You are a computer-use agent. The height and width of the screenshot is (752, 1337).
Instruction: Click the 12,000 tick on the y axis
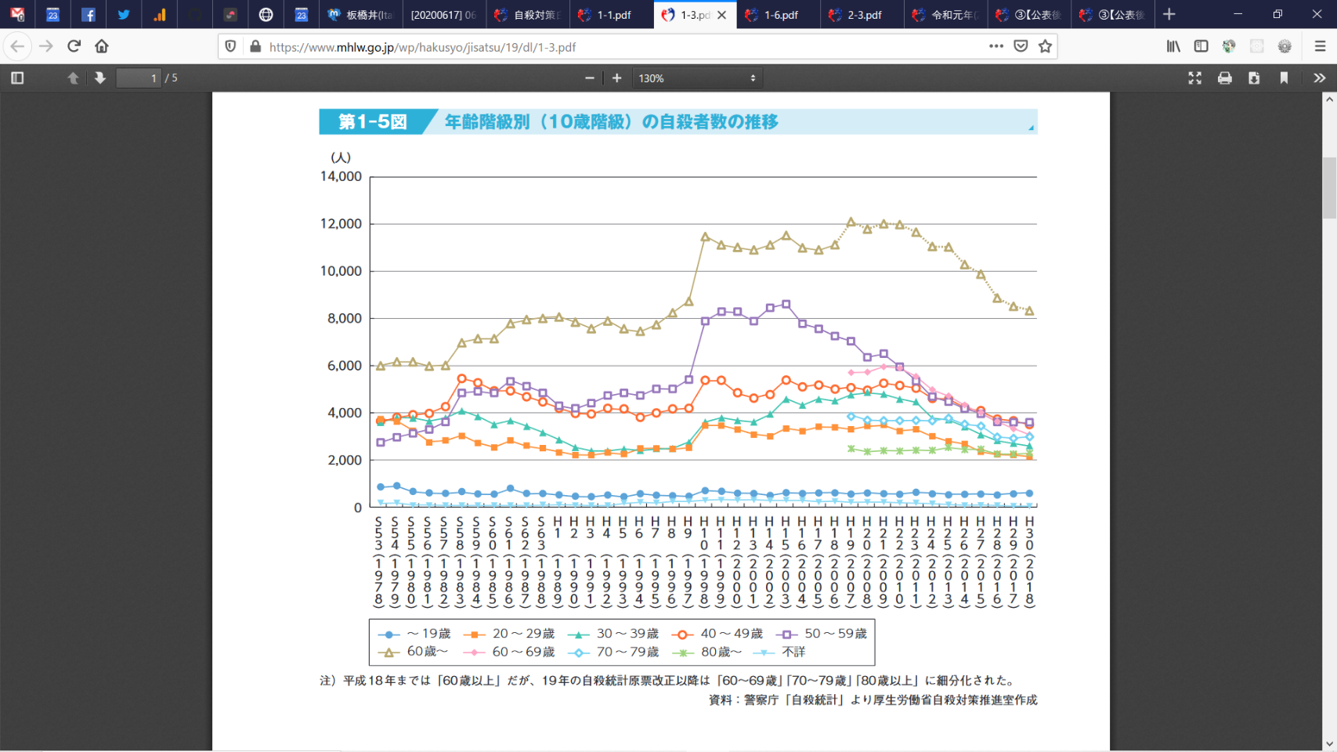pos(341,224)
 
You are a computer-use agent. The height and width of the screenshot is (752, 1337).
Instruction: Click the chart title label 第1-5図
pos(373,122)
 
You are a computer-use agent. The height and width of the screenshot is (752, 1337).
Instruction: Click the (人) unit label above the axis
pos(341,157)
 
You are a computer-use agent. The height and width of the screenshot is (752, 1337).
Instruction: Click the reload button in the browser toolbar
pos(74,46)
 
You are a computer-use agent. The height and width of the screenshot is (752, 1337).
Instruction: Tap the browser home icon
pos(102,46)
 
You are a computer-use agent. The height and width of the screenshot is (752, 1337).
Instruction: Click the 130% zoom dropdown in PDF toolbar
pos(696,78)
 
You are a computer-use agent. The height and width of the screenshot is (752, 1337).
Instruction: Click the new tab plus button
pos(1169,14)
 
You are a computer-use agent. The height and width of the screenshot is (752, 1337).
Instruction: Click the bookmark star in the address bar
pos(1045,46)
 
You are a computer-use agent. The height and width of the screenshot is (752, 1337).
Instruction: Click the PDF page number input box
pos(139,78)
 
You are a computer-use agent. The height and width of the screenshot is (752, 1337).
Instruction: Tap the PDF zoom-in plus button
pos(617,78)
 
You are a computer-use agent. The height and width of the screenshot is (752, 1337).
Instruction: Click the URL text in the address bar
pos(423,47)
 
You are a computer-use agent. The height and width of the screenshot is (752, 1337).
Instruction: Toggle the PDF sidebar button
pos(17,78)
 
